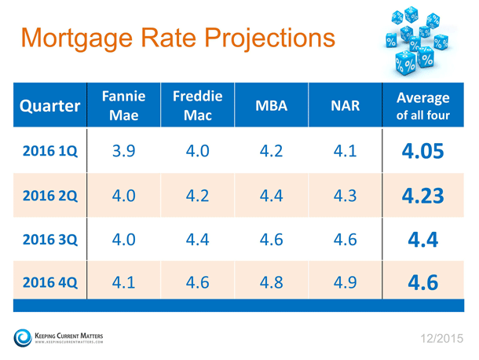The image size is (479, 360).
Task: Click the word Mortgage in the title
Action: pyautogui.click(x=77, y=39)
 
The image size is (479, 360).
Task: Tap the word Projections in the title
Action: pyautogui.click(x=270, y=39)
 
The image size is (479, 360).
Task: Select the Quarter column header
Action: pyautogui.click(x=49, y=106)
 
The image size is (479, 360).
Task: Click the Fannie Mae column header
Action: pyautogui.click(x=124, y=105)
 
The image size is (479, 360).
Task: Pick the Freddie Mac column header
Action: pyautogui.click(x=198, y=105)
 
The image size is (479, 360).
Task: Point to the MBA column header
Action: pyautogui.click(x=271, y=105)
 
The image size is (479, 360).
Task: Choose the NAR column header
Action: pyautogui.click(x=346, y=105)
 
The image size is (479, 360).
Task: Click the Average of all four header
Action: pyautogui.click(x=423, y=106)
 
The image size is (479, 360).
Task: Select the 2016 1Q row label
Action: pyautogui.click(x=50, y=151)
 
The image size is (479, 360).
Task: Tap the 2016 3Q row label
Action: pyautogui.click(x=50, y=239)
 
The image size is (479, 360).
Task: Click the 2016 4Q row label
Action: pyautogui.click(x=50, y=282)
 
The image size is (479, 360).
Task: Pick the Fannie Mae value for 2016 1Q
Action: pyautogui.click(x=124, y=151)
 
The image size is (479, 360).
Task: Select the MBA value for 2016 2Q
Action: pyautogui.click(x=271, y=196)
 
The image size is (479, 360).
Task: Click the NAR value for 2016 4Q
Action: pyautogui.click(x=346, y=282)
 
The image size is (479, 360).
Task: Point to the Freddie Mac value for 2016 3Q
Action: pyautogui.click(x=198, y=239)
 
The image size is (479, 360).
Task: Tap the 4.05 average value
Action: pyautogui.click(x=422, y=151)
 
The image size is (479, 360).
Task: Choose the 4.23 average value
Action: pyautogui.click(x=422, y=196)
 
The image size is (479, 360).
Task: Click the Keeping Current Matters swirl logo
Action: pyautogui.click(x=23, y=338)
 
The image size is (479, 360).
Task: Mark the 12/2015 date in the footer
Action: pyautogui.click(x=442, y=339)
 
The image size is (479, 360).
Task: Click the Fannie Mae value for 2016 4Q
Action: pyautogui.click(x=124, y=282)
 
